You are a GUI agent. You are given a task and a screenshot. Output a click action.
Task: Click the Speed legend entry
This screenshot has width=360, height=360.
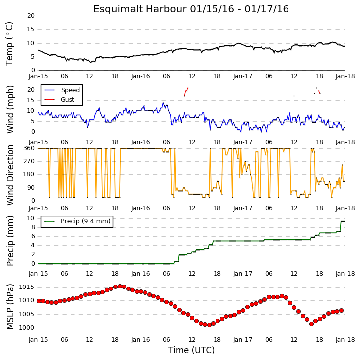62,90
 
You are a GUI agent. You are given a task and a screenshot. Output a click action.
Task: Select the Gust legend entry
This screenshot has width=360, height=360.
60,100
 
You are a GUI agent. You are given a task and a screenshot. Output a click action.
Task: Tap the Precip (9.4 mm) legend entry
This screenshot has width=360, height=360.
77,221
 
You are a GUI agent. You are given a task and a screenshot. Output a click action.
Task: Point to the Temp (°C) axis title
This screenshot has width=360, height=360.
9,44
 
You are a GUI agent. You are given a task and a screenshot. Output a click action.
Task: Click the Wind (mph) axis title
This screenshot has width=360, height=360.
10,109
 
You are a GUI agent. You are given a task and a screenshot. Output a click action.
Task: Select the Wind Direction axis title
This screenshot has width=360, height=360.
10,175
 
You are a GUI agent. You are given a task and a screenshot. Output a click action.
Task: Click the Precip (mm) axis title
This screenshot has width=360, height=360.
10,241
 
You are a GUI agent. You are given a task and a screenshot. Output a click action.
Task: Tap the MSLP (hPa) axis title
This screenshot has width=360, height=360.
10,306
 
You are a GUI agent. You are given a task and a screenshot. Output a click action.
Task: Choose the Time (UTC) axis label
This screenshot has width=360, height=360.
191,350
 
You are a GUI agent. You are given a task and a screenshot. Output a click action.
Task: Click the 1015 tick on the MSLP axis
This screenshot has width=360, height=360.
26,287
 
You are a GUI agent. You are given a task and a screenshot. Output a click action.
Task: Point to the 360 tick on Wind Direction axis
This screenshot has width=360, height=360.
29,148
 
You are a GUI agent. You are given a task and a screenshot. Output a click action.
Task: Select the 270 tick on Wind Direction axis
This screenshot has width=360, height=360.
29,161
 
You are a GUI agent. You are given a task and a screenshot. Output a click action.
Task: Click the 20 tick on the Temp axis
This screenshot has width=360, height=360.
31,16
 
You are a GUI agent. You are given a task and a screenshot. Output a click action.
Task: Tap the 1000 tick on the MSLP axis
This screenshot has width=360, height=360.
26,328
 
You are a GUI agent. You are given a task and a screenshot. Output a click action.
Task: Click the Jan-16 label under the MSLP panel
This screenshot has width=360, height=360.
141,340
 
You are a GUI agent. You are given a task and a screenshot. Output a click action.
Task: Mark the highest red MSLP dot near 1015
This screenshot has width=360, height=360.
120,286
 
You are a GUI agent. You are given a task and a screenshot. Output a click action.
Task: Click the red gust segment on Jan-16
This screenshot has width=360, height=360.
186,92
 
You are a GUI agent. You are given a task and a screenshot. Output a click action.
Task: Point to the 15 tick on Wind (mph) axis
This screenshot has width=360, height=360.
31,100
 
